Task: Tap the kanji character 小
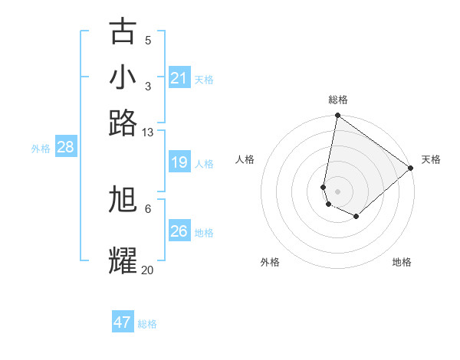pos(123,77)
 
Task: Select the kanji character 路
pos(123,123)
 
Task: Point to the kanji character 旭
pos(123,199)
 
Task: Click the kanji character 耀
pos(123,260)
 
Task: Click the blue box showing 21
pos(179,78)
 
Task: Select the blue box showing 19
pos(179,162)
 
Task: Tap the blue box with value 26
pos(179,231)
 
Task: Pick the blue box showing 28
pos(65,148)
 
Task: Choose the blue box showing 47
pos(123,322)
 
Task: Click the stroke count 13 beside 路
pos(148,132)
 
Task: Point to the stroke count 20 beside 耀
pos(148,270)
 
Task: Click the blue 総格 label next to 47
pos(147,324)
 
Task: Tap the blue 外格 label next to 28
pos(40,149)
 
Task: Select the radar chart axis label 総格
pos(338,100)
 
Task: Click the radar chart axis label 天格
pos(431,159)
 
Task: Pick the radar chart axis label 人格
pos(245,159)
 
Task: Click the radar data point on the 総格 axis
pos(337,116)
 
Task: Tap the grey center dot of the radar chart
pos(337,191)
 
